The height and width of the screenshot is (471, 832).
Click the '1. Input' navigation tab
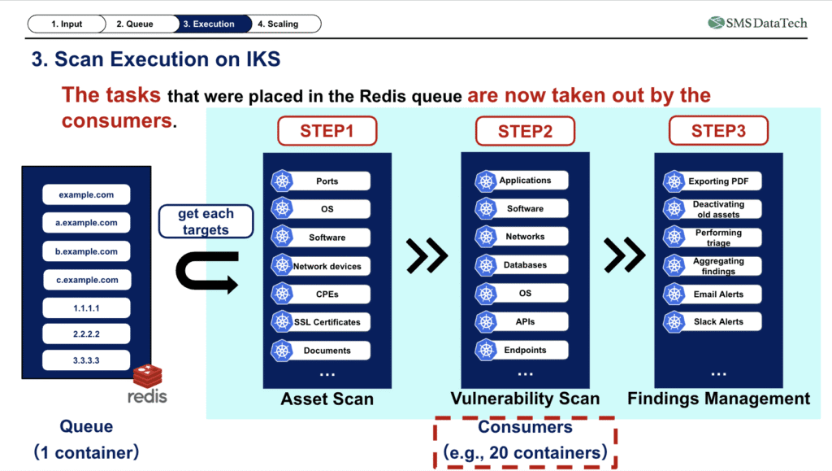pyautogui.click(x=71, y=24)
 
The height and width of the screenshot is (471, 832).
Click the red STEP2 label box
pyautogui.click(x=525, y=131)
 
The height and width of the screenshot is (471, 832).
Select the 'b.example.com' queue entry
pyautogui.click(x=86, y=251)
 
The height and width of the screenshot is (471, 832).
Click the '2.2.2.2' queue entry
pyautogui.click(x=86, y=334)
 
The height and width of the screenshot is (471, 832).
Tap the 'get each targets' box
pyautogui.click(x=206, y=221)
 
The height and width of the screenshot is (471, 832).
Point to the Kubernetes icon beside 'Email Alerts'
pyautogui.click(x=674, y=294)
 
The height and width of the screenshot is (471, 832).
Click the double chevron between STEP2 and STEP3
pyautogui.click(x=624, y=256)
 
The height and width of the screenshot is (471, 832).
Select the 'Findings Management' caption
pyautogui.click(x=718, y=399)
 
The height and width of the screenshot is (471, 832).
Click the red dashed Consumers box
pyautogui.click(x=525, y=441)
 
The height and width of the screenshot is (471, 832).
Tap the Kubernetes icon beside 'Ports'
pyautogui.click(x=282, y=181)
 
